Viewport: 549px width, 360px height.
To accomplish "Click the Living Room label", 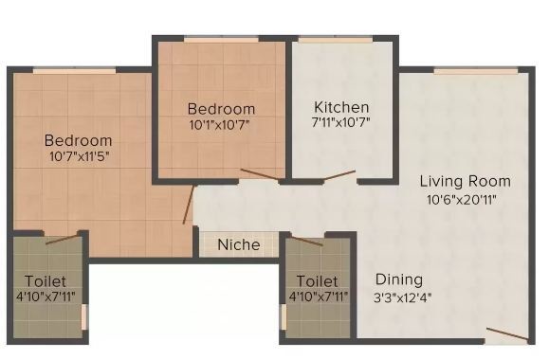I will click(465, 181).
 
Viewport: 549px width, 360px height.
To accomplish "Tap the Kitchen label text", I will click(341, 107).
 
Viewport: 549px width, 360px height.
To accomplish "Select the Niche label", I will click(239, 244).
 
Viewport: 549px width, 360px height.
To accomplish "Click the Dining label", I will click(399, 279).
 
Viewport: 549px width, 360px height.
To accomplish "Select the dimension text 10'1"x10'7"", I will click(221, 124).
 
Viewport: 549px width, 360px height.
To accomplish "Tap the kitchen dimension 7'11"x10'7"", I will click(341, 123).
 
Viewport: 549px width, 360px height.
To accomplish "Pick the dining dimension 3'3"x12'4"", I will click(399, 297).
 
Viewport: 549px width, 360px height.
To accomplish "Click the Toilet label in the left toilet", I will click(46, 279).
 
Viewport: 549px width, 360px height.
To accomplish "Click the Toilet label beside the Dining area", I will click(317, 281).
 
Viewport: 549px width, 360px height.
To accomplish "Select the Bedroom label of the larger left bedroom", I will click(78, 141).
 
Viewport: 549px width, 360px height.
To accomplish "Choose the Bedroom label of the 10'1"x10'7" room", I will click(221, 108).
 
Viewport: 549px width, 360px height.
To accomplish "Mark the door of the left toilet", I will click(61, 240).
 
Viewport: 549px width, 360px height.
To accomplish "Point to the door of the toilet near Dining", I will click(306, 241).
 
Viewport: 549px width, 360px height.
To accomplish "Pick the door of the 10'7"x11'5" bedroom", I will click(189, 205).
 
